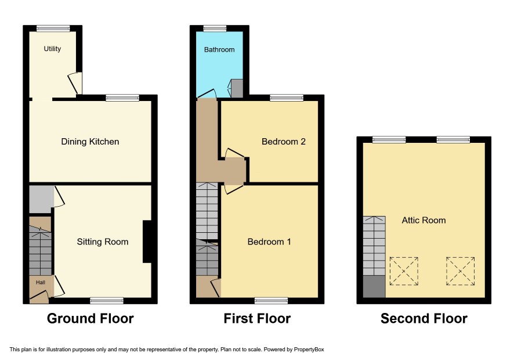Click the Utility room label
pos(52,49)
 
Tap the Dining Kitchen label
pos(90,142)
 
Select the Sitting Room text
pos(103,242)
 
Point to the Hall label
pos(41,282)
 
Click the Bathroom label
pos(219,49)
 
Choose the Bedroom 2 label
pos(284,142)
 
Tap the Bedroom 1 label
pos(269,242)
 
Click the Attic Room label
pos(424,220)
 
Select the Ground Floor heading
pos(91,318)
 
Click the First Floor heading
pos(257,318)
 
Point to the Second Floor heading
pos(424,318)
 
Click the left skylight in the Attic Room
pos(404,271)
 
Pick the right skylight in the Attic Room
pos(460,271)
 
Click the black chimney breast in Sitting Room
pos(147,242)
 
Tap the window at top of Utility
pos(53,29)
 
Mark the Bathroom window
pos(215,29)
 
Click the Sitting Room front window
pos(107,301)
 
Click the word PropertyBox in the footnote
pos(309,350)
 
